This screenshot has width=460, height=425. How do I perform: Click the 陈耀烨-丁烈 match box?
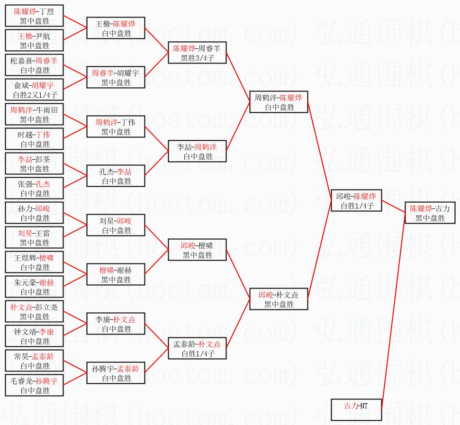click(x=34, y=16)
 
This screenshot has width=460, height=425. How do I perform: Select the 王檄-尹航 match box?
click(x=34, y=40)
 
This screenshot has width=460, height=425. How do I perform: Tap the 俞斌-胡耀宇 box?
click(x=34, y=90)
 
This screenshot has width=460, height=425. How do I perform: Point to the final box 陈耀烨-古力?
click(x=430, y=213)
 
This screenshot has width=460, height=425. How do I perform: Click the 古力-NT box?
click(x=356, y=410)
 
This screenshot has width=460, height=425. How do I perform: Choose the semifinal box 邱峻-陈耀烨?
click(x=356, y=200)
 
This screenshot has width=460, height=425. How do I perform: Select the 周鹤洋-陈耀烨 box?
click(x=279, y=102)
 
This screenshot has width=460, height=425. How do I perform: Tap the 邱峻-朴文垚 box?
click(x=279, y=299)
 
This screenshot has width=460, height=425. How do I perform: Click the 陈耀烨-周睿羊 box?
click(x=197, y=53)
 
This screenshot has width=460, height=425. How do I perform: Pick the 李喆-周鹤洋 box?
click(x=197, y=151)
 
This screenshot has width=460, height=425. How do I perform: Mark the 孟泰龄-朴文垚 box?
click(x=197, y=348)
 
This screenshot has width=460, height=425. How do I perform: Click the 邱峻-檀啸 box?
click(x=197, y=250)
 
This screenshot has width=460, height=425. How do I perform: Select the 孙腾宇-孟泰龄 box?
click(x=116, y=373)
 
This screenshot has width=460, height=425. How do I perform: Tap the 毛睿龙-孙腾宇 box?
click(x=34, y=385)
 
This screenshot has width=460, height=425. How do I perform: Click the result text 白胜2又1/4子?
click(x=35, y=95)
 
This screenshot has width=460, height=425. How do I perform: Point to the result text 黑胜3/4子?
click(x=198, y=58)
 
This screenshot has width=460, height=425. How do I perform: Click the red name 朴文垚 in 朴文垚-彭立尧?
click(x=21, y=307)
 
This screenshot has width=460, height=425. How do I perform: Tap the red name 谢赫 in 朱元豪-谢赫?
click(x=46, y=282)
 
